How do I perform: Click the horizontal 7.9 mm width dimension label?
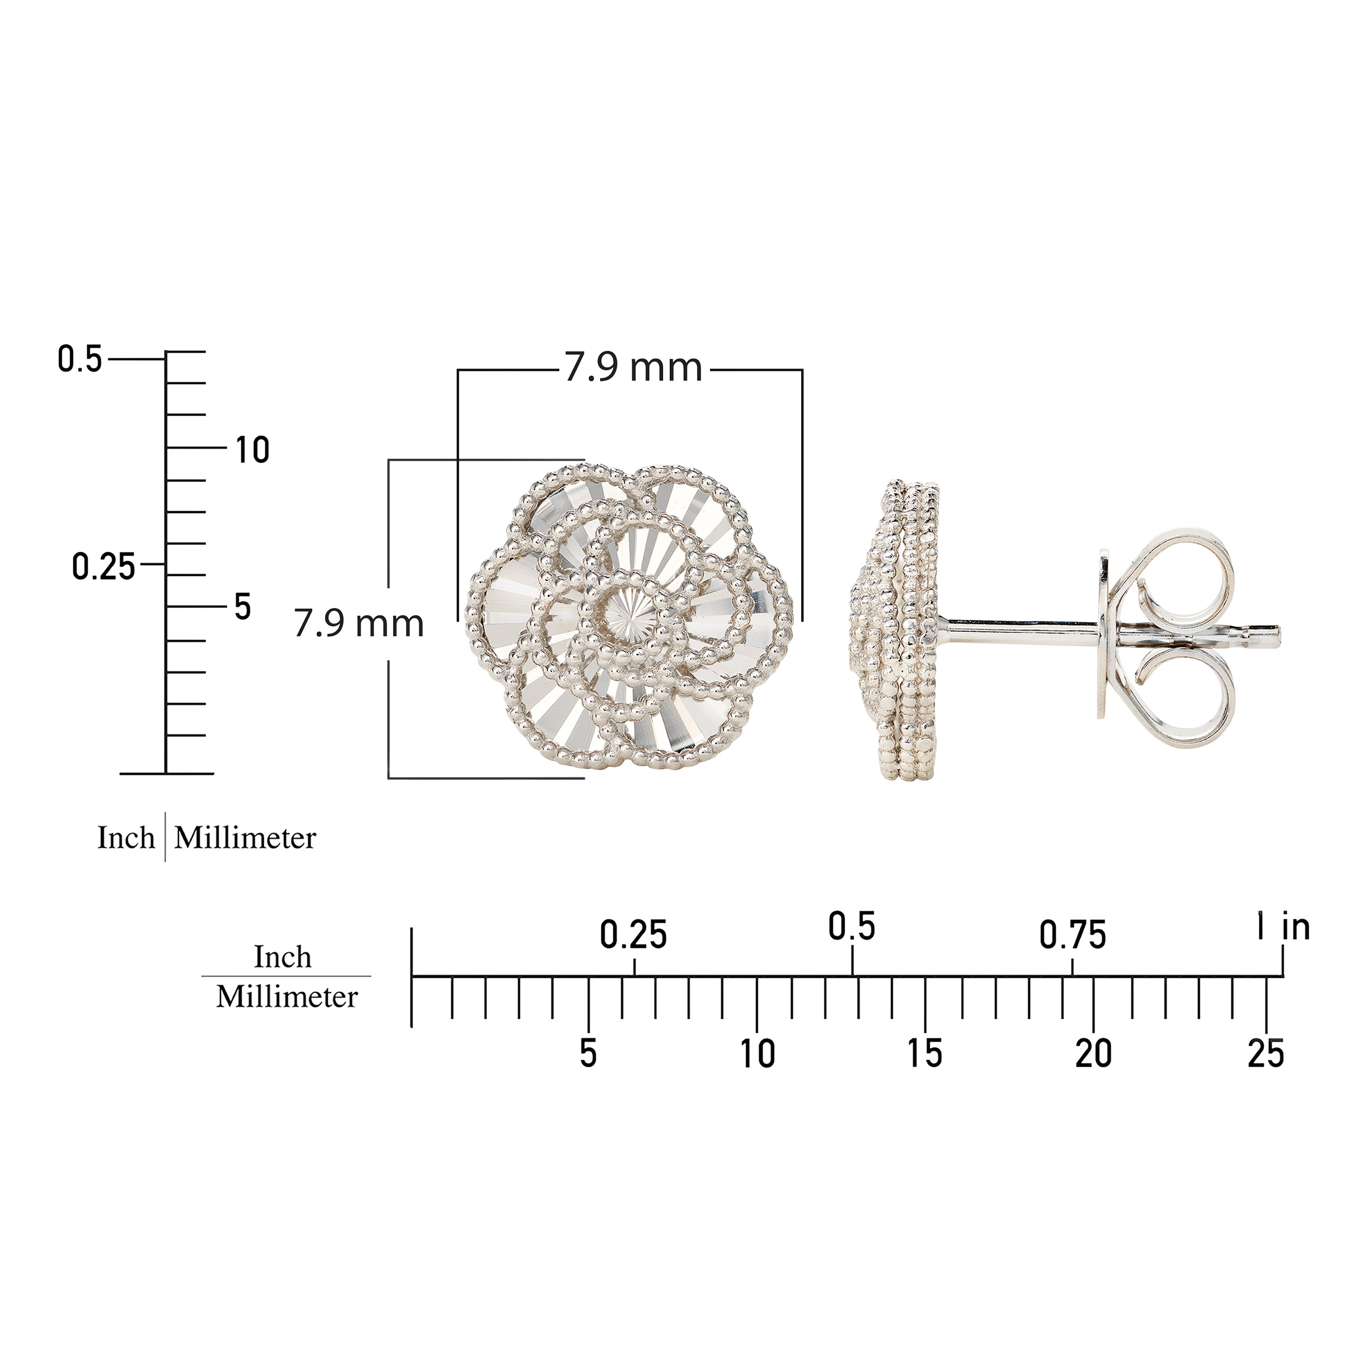(x=634, y=368)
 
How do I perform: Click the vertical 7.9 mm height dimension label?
(x=359, y=624)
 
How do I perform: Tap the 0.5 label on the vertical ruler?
(x=79, y=359)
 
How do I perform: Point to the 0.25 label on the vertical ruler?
(x=104, y=567)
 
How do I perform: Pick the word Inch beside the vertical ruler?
(x=126, y=838)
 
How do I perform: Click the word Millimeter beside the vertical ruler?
(x=245, y=838)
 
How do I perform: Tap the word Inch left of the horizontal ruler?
(x=282, y=957)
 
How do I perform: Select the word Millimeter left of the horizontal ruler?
(x=287, y=997)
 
